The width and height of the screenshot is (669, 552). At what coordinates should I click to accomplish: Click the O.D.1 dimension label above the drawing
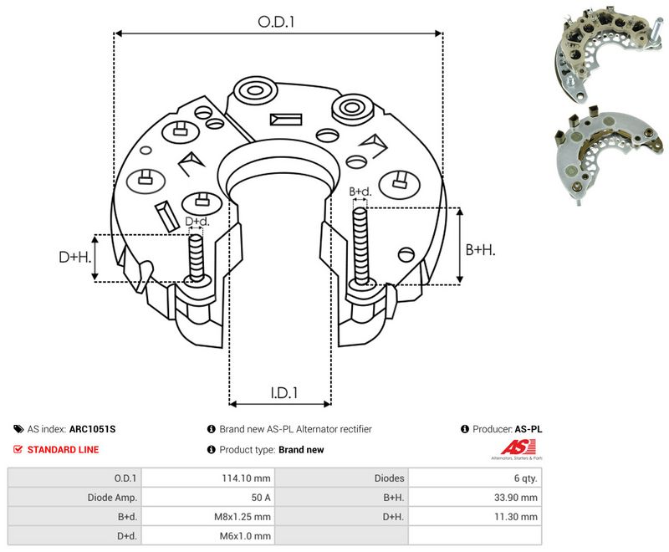[276, 22]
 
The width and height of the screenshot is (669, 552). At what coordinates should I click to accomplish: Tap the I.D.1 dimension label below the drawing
[284, 392]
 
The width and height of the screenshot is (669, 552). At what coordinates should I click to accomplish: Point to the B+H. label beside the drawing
[480, 249]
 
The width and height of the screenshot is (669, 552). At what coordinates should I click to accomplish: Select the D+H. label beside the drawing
[75, 257]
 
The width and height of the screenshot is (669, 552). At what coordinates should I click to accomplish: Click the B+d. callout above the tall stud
[360, 192]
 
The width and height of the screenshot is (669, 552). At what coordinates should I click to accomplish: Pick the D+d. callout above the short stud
[197, 222]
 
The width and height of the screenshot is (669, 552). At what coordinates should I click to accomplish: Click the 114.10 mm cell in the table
[246, 478]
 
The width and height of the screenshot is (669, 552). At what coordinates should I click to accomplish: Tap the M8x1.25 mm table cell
[243, 517]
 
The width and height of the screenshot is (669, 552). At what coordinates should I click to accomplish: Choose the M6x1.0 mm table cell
[245, 536]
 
